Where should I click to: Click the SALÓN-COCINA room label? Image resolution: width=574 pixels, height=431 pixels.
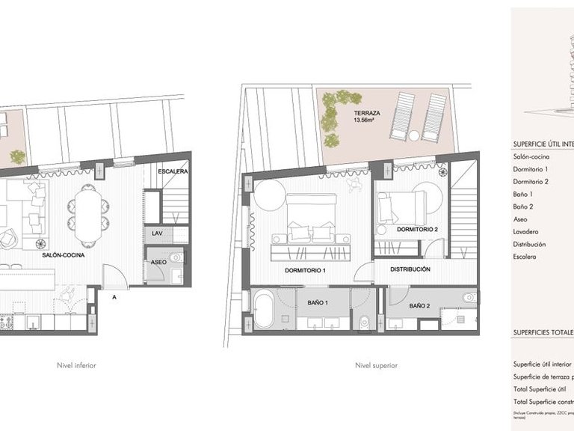click(x=64, y=255)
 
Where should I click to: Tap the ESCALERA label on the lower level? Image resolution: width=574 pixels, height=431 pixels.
click(x=172, y=171)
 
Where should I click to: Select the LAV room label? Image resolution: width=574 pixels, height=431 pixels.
click(x=156, y=233)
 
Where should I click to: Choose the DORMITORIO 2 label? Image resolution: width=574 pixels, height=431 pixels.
click(x=416, y=229)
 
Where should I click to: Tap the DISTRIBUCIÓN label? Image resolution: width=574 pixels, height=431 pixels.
click(x=410, y=269)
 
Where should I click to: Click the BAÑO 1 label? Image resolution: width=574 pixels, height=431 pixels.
click(x=318, y=302)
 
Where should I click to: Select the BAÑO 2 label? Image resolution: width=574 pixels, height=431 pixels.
click(x=420, y=305)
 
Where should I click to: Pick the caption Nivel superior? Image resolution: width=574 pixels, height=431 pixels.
click(x=377, y=366)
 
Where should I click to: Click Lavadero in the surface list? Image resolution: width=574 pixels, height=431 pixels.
click(x=528, y=231)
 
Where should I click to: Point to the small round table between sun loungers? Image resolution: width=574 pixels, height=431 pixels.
click(x=414, y=135)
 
